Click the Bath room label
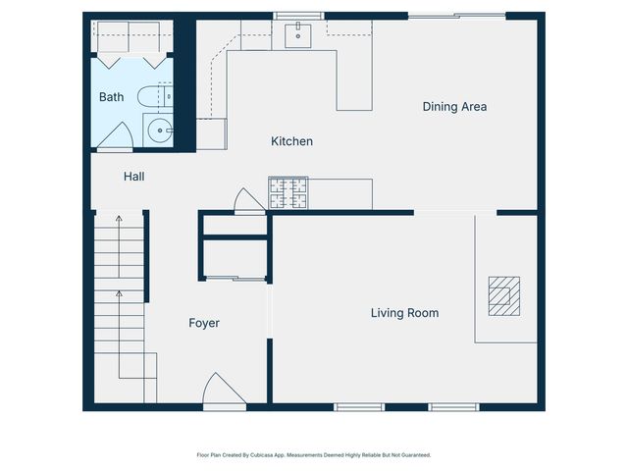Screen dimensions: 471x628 pyautogui.click(x=111, y=97)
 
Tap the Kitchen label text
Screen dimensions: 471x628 pyautogui.click(x=291, y=141)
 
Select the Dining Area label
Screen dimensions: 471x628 pyautogui.click(x=454, y=106)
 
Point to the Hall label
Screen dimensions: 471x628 pyautogui.click(x=134, y=177)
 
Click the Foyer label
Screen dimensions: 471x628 pyautogui.click(x=204, y=323)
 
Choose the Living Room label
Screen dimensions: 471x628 pyautogui.click(x=404, y=313)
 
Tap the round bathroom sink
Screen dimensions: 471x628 pyautogui.click(x=158, y=129)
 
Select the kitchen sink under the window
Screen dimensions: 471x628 pyautogui.click(x=295, y=36)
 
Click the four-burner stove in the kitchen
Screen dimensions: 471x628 pyautogui.click(x=288, y=193)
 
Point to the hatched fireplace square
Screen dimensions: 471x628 pyautogui.click(x=504, y=296)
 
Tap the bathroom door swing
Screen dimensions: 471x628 pyautogui.click(x=115, y=137)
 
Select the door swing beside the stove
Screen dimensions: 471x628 pyautogui.click(x=248, y=200)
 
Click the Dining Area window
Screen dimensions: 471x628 pyautogui.click(x=457, y=15)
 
